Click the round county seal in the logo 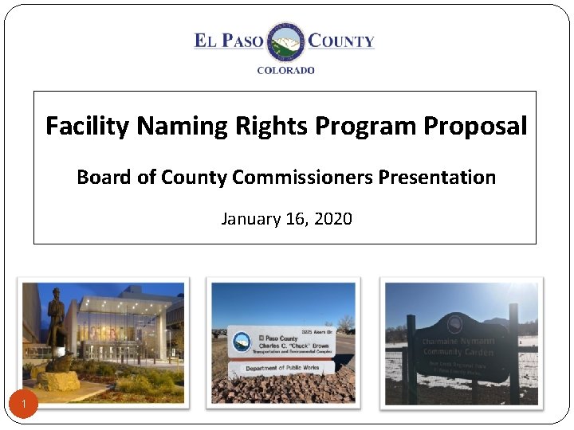pyautogui.click(x=285, y=41)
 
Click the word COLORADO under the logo pyautogui.click(x=285, y=70)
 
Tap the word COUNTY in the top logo pyautogui.click(x=341, y=41)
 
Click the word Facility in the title pyautogui.click(x=88, y=126)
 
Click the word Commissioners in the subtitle pyautogui.click(x=303, y=177)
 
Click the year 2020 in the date pyautogui.click(x=333, y=218)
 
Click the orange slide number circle pyautogui.click(x=25, y=406)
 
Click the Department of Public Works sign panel pyautogui.click(x=282, y=368)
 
